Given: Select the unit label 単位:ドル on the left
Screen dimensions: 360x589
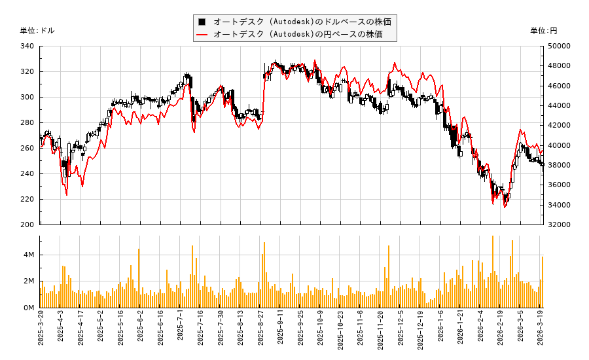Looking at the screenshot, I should (38, 31).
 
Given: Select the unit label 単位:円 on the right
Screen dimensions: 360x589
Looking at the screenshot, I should (543, 31).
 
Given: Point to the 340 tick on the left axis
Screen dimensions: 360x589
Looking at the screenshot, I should (28, 46).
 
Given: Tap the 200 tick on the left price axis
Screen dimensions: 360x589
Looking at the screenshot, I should (28, 225).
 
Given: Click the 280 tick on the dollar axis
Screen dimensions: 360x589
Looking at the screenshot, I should (28, 123).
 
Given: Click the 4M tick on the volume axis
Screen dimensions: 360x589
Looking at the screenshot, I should (29, 255).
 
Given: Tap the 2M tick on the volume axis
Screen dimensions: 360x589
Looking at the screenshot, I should (29, 281).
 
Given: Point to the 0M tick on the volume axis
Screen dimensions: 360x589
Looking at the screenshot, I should (29, 308).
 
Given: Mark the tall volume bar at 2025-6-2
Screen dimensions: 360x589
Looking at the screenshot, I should (139, 278).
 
